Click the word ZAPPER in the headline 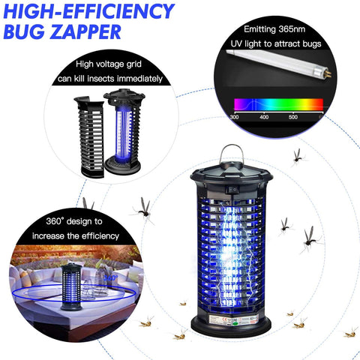pos(85,31)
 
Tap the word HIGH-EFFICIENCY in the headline pos(88,11)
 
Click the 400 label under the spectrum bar pos(264,117)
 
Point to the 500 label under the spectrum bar pos(292,117)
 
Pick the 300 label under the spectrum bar pos(234,117)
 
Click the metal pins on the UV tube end pos(328,74)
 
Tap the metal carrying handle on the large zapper pos(231,153)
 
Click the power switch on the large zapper pos(232,190)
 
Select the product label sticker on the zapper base pos(233,320)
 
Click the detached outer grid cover pos(89,137)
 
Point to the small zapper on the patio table pos(71,286)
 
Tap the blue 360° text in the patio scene pos(111,277)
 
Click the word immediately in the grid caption pos(139,79)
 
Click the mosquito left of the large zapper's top pos(143,209)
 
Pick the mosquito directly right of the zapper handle pos(298,157)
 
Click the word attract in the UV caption pos(287,44)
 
